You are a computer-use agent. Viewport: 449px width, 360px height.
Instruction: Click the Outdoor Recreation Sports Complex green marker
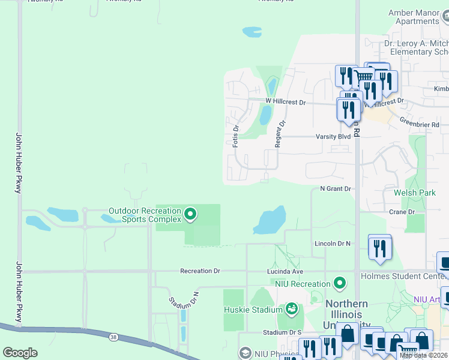190,214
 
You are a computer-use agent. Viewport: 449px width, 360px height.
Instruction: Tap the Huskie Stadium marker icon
292,309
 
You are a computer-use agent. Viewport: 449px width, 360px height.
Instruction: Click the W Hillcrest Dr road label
286,103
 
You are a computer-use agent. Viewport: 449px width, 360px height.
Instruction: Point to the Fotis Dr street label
236,136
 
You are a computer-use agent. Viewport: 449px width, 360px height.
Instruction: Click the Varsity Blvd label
333,136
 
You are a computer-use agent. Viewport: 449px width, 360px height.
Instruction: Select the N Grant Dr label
335,188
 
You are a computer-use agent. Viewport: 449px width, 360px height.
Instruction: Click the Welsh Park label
415,193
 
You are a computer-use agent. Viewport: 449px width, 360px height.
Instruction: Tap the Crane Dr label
402,212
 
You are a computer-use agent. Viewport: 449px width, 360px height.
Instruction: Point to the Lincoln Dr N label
333,244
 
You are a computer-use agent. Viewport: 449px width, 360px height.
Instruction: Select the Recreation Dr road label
200,271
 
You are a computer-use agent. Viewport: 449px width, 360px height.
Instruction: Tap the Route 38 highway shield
113,337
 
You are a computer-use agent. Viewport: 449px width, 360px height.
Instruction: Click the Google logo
20,353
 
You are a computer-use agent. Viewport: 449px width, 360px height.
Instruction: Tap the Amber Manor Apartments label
414,17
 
